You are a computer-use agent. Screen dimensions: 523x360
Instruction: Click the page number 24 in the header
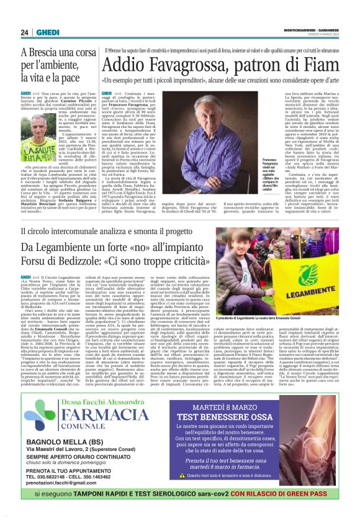pos(24,33)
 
